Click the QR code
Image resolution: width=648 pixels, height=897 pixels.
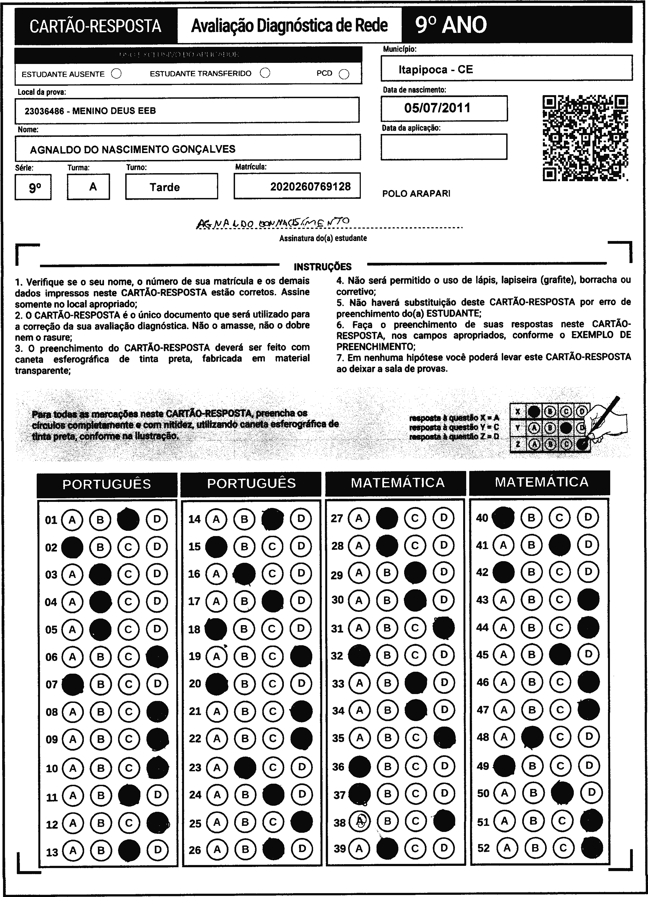(x=585, y=138)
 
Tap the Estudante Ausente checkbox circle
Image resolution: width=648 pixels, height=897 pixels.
(x=116, y=74)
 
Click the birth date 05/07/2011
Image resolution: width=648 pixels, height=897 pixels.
(x=437, y=108)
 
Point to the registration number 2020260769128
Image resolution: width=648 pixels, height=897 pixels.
(x=310, y=187)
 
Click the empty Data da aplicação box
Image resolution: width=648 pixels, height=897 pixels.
(x=444, y=147)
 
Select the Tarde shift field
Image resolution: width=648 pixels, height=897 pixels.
(x=165, y=187)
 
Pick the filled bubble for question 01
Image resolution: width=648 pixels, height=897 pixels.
(x=129, y=519)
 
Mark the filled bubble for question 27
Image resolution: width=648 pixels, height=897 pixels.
(x=386, y=518)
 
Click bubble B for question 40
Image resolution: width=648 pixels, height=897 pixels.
(x=531, y=517)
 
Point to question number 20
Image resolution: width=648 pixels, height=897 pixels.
(x=195, y=683)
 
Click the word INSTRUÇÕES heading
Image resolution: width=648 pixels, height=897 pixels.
(x=322, y=267)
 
